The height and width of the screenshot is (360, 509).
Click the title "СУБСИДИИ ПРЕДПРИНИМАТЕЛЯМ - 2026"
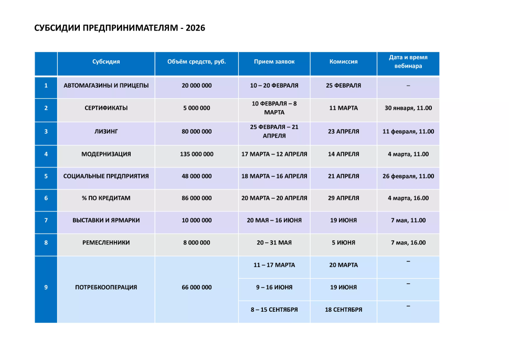click(119, 28)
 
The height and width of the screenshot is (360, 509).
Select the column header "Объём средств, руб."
click(197, 62)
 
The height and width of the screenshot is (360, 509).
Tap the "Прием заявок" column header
click(274, 62)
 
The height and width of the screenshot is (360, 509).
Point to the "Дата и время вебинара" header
click(408, 62)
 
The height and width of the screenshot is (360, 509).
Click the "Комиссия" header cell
click(343, 62)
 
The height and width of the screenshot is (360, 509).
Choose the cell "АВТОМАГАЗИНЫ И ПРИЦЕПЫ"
click(106, 85)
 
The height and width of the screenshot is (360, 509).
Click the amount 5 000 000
click(197, 108)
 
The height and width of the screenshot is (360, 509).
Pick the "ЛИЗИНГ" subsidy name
click(106, 132)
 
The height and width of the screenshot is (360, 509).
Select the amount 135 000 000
click(197, 154)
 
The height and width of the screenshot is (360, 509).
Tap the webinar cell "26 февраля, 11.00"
click(408, 176)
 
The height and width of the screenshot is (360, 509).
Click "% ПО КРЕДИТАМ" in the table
click(106, 198)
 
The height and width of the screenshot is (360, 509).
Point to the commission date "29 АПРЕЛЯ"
click(343, 198)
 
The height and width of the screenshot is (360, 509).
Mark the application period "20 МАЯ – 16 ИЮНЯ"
click(274, 220)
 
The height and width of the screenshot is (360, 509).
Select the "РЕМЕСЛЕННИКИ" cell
click(106, 243)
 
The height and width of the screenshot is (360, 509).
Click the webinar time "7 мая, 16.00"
click(408, 243)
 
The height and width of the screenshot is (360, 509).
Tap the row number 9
click(46, 288)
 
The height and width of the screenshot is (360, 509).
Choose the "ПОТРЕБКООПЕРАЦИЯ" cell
click(106, 288)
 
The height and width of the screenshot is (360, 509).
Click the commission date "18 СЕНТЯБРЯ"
click(343, 310)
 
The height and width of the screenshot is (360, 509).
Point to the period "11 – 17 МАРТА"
click(274, 266)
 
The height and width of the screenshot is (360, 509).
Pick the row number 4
click(46, 154)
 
